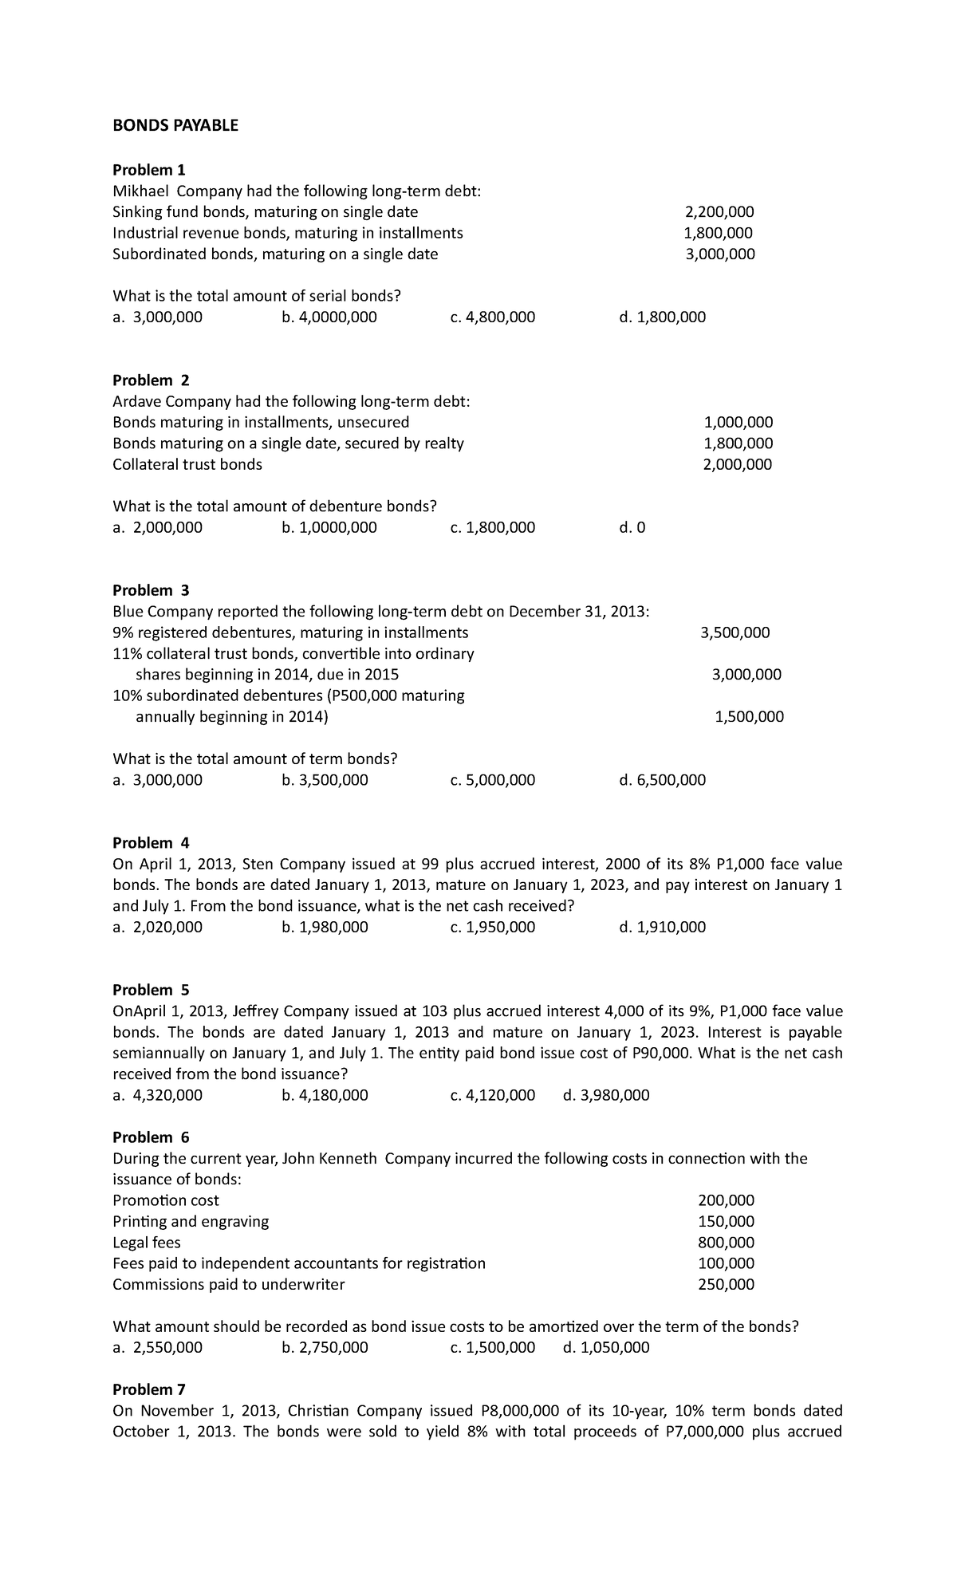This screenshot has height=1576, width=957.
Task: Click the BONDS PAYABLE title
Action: [175, 125]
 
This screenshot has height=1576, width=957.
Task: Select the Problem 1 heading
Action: [148, 170]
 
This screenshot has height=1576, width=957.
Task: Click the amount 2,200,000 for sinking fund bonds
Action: [719, 212]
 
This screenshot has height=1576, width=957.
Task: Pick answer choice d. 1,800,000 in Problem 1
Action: [662, 317]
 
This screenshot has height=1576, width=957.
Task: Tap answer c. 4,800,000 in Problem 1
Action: [492, 317]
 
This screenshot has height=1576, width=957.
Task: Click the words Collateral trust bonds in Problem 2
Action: [187, 465]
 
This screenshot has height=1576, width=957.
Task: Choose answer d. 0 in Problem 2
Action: [632, 528]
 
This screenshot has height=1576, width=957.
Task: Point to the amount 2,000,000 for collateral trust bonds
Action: [737, 465]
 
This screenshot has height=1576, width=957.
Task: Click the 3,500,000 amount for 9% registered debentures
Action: [734, 633]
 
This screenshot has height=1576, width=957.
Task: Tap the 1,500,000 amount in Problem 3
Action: [749, 717]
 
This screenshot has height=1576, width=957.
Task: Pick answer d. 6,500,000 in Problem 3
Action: [662, 780]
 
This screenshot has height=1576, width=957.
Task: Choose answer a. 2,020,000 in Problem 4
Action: [157, 927]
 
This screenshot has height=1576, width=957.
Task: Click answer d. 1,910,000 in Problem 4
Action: [662, 927]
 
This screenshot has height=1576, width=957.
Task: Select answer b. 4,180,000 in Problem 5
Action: [325, 1095]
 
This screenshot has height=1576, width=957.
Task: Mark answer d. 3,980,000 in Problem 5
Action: [605, 1095]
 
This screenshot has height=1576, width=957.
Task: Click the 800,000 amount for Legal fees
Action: [726, 1243]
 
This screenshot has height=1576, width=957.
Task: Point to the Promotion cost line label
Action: [166, 1200]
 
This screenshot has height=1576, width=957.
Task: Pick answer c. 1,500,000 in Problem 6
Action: [492, 1348]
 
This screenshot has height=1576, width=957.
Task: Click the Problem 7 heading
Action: [148, 1389]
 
